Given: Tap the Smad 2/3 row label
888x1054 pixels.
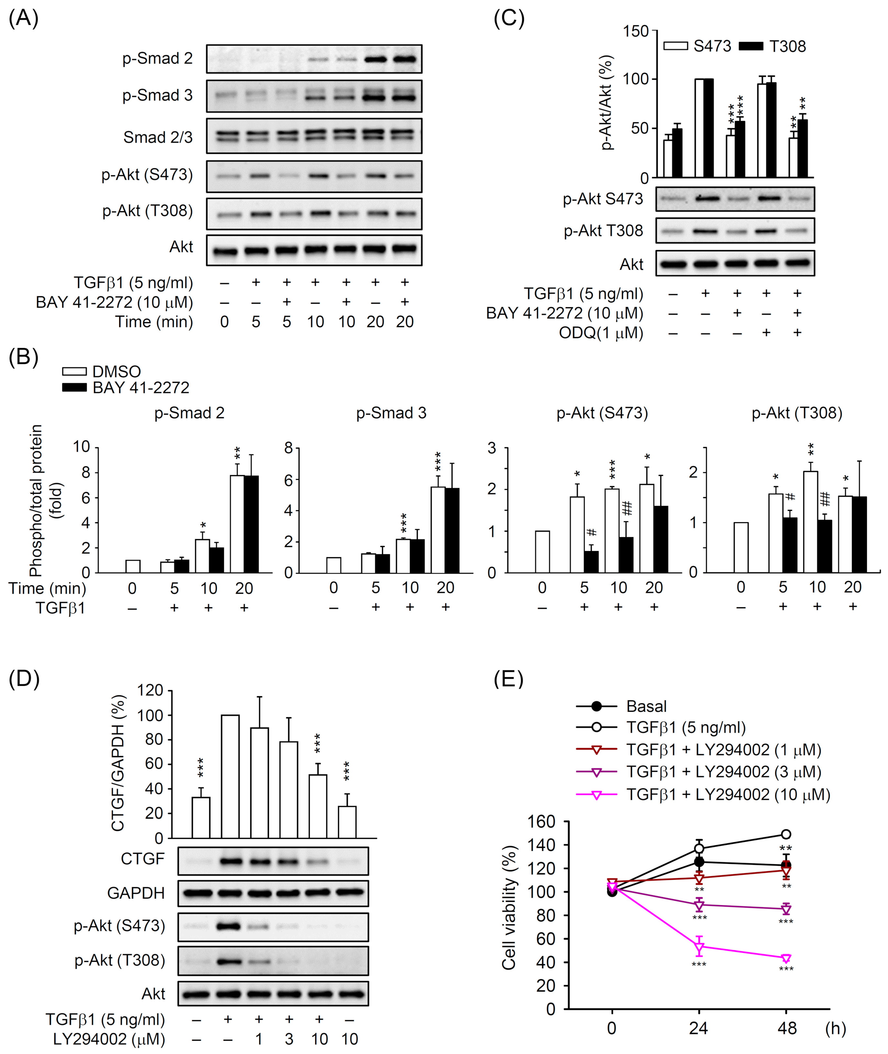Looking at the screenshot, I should point(158,137).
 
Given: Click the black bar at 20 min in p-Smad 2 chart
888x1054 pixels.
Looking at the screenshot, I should point(251,524).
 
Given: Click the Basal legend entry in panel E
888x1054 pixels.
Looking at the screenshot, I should point(646,706).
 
